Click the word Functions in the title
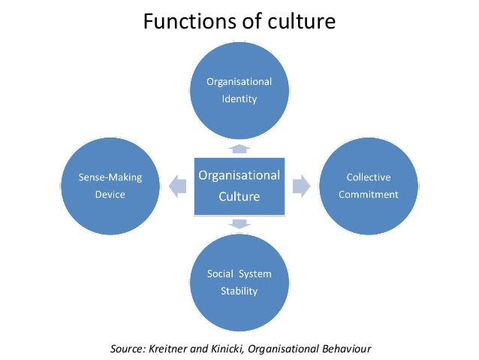pos(182,22)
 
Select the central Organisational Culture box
pos(239,186)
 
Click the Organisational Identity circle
pos(239,89)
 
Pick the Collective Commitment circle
pos(368,186)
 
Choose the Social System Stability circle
pos(239,282)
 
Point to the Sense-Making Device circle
pos(110,186)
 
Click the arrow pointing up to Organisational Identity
pos(239,148)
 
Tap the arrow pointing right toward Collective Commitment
pos(300,186)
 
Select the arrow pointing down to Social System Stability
pos(239,223)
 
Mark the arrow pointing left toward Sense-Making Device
pos(179,186)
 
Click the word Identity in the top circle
pos(239,98)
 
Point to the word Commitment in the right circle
pos(368,195)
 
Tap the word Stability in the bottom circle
pos(239,291)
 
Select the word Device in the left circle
pos(110,195)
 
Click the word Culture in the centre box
pos(239,197)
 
